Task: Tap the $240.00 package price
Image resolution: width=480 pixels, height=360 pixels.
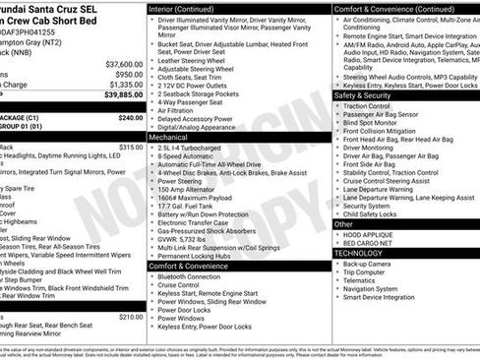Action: [130, 117]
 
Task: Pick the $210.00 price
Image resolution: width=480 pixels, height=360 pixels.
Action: [130, 317]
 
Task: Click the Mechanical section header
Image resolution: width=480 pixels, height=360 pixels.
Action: [169, 138]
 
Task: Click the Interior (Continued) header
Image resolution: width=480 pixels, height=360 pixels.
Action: [188, 8]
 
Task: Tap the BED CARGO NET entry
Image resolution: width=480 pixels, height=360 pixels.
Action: [368, 242]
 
